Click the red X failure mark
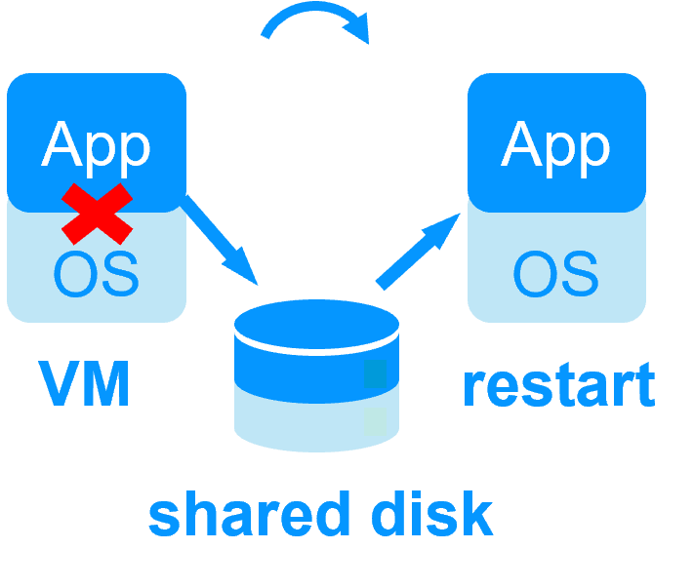[x=97, y=214]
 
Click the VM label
[x=86, y=384]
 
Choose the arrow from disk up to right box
[x=418, y=251]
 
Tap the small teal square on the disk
[x=375, y=374]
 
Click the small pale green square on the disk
[x=375, y=421]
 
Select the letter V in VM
[x=59, y=384]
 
